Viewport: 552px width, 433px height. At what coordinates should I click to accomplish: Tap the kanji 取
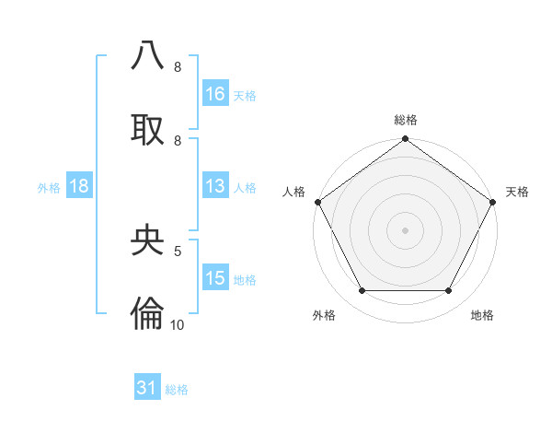[147, 128]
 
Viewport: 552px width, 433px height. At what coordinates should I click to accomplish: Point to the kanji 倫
[147, 312]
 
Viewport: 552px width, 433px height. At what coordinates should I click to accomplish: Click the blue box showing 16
[215, 93]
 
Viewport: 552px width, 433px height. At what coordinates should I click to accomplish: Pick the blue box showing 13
[215, 186]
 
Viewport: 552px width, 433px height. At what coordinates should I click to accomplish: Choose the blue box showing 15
[215, 278]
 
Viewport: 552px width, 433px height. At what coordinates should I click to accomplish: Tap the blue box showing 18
[79, 186]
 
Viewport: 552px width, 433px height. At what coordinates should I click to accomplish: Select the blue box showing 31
[147, 388]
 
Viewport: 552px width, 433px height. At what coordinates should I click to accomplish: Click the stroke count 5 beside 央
[178, 250]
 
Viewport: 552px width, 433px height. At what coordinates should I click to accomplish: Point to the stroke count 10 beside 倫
[178, 323]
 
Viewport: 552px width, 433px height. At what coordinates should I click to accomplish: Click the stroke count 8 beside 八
[178, 67]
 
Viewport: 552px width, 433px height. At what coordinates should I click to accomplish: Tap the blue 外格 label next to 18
[49, 187]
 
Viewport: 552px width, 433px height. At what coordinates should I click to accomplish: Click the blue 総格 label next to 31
[177, 390]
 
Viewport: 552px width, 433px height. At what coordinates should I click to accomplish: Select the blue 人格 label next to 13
[245, 187]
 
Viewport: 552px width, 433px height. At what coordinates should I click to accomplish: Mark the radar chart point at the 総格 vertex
[406, 140]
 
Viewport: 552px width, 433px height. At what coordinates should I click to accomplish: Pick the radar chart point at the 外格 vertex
[362, 291]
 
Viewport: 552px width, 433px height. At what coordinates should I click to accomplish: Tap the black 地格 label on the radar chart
[482, 315]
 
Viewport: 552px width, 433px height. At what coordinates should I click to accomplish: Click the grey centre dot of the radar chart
[406, 230]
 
